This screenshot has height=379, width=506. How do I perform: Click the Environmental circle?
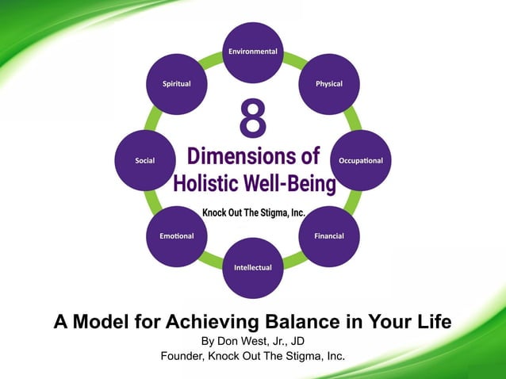(253, 52)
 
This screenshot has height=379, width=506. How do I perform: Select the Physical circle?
(329, 84)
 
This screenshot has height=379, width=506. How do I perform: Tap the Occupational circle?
(360, 160)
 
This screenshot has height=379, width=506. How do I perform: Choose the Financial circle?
(329, 236)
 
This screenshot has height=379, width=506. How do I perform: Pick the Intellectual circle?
(253, 267)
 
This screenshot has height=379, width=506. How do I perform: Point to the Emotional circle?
(176, 236)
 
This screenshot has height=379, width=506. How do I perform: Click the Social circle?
(145, 160)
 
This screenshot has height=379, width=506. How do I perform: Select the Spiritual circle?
(176, 84)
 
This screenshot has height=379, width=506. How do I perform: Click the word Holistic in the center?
(205, 183)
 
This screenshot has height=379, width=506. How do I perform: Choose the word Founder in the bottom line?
(183, 356)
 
